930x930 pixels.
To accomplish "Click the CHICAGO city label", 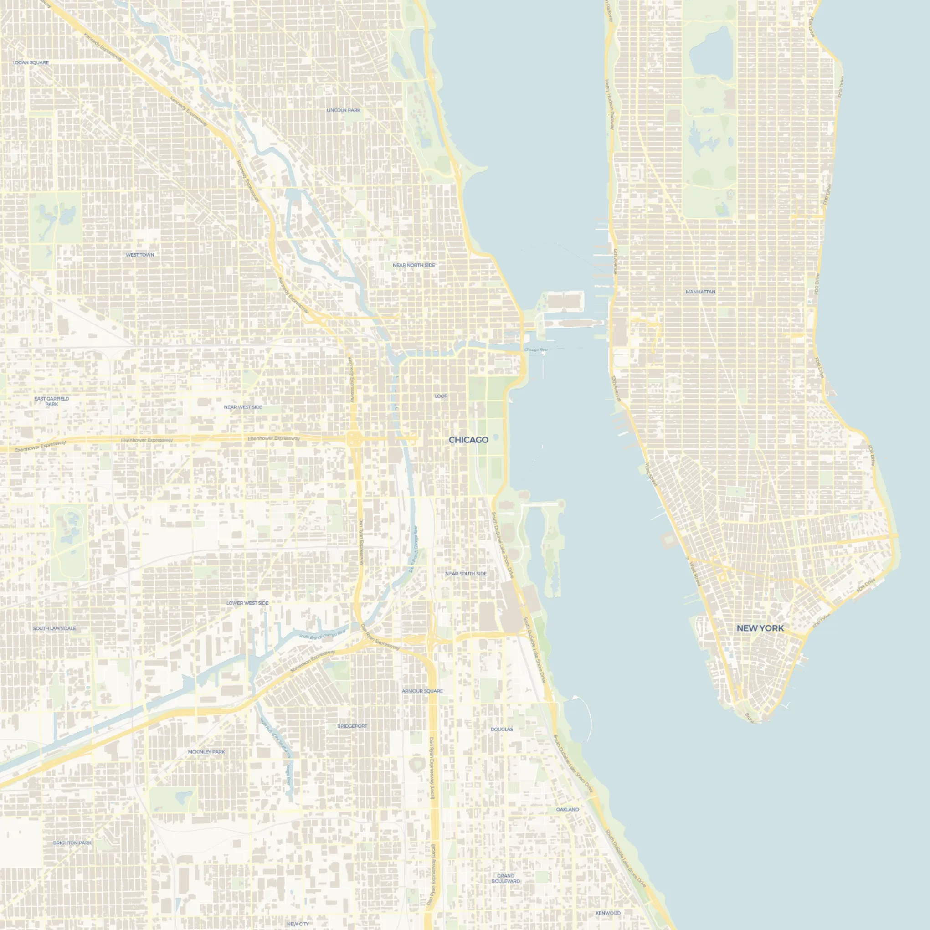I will click(x=468, y=440).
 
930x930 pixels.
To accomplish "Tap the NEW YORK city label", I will click(x=760, y=628).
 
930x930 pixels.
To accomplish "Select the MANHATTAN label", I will click(x=700, y=292).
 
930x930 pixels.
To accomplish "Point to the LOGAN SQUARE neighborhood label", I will click(x=31, y=62).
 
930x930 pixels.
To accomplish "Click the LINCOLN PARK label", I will click(x=344, y=110).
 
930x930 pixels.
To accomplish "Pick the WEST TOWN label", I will click(x=140, y=255).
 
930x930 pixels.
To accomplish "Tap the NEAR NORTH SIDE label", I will click(x=413, y=265).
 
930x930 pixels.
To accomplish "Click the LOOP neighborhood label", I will click(x=441, y=396).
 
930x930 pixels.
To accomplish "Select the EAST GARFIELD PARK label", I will click(x=51, y=401).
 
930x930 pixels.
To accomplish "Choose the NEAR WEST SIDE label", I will click(x=243, y=407).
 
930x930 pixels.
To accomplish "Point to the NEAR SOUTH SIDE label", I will click(x=466, y=574).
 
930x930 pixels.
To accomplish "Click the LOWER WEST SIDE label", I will click(x=247, y=603).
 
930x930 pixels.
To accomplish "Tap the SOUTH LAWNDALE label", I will click(x=54, y=628).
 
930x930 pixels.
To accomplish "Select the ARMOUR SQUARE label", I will click(x=422, y=691).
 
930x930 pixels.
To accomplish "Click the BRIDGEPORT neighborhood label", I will click(x=352, y=726).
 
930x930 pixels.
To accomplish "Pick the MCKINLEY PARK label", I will click(x=206, y=751).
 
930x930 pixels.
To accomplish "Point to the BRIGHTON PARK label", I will click(x=72, y=843).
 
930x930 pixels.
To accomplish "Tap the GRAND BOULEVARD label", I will click(x=505, y=879).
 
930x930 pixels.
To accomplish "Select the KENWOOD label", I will click(x=608, y=913).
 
